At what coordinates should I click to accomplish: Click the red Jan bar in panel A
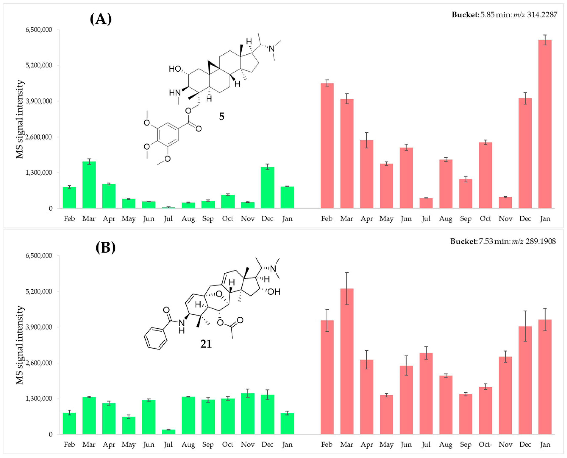[x=545, y=124]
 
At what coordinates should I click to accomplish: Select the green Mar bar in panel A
[x=89, y=185]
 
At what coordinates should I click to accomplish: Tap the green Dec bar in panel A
[x=267, y=187]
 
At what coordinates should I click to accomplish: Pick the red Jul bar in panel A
[x=426, y=203]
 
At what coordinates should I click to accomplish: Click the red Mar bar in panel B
[x=347, y=361]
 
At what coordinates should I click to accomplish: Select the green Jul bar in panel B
[x=168, y=432]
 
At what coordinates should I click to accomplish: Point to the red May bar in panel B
[x=386, y=415]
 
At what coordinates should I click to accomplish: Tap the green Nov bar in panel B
[x=247, y=414]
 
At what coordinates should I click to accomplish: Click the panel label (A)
[x=101, y=19]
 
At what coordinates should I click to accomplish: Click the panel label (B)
[x=106, y=247]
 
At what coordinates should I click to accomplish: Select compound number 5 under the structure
[x=222, y=116]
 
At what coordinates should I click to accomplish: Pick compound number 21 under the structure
[x=206, y=344]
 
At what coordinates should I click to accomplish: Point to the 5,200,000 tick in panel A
[x=39, y=65]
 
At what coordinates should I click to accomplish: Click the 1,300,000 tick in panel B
[x=39, y=399]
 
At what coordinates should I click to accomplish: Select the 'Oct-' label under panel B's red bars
[x=485, y=444]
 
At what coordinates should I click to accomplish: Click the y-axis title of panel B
[x=20, y=345]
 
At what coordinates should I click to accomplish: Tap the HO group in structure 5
[x=175, y=69]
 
